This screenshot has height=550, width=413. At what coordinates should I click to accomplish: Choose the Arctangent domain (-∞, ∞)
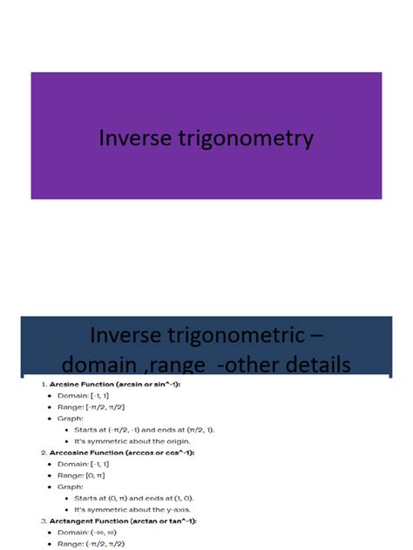(x=111, y=533)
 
